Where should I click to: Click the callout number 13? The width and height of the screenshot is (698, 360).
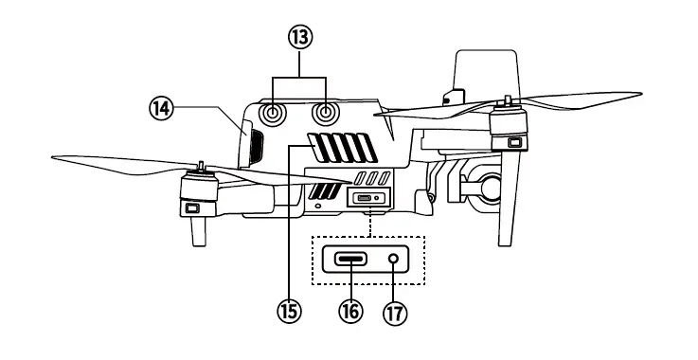(x=300, y=37)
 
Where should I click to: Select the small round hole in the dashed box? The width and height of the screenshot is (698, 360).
(x=395, y=259)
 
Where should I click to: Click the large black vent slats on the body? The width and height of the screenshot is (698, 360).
(x=342, y=149)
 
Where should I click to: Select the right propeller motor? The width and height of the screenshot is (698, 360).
(x=511, y=127)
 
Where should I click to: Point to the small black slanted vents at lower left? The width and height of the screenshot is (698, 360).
(x=322, y=193)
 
